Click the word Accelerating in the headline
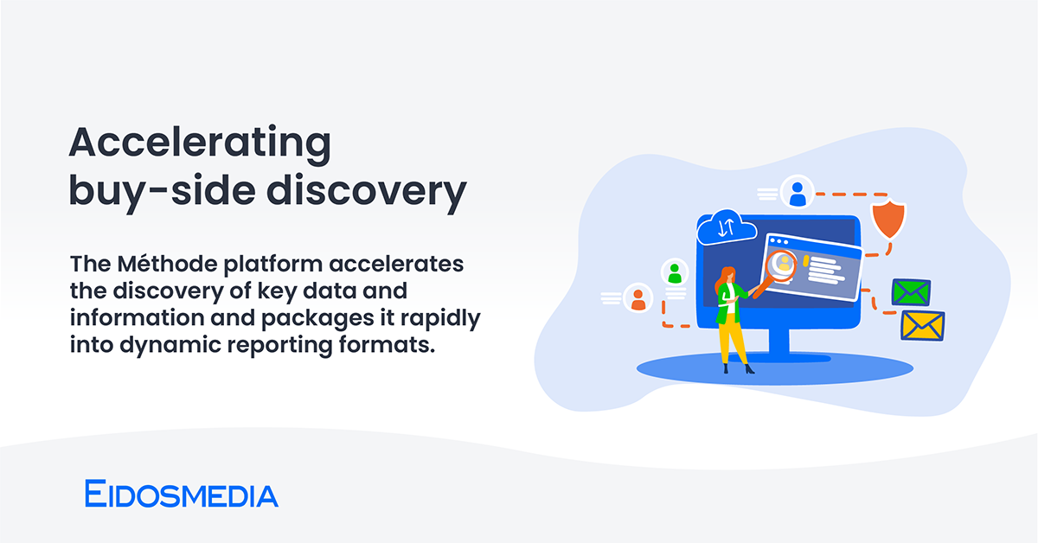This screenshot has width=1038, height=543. click(200, 144)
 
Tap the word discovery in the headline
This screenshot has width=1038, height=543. click(367, 192)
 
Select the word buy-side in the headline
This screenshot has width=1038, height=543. click(163, 192)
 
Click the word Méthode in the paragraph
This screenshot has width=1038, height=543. click(167, 264)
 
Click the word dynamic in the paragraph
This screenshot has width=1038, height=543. click(170, 346)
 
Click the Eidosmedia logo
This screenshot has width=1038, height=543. click(181, 494)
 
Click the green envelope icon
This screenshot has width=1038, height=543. click(911, 292)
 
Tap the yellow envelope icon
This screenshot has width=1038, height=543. click(923, 326)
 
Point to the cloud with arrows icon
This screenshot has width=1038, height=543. click(726, 228)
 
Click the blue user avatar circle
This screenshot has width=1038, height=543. click(797, 192)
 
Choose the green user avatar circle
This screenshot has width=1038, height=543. click(675, 272)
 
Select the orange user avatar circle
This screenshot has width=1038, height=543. click(638, 298)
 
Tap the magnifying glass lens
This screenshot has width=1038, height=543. click(781, 265)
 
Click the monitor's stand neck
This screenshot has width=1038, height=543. click(779, 342)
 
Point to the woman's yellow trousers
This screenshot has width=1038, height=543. click(732, 339)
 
